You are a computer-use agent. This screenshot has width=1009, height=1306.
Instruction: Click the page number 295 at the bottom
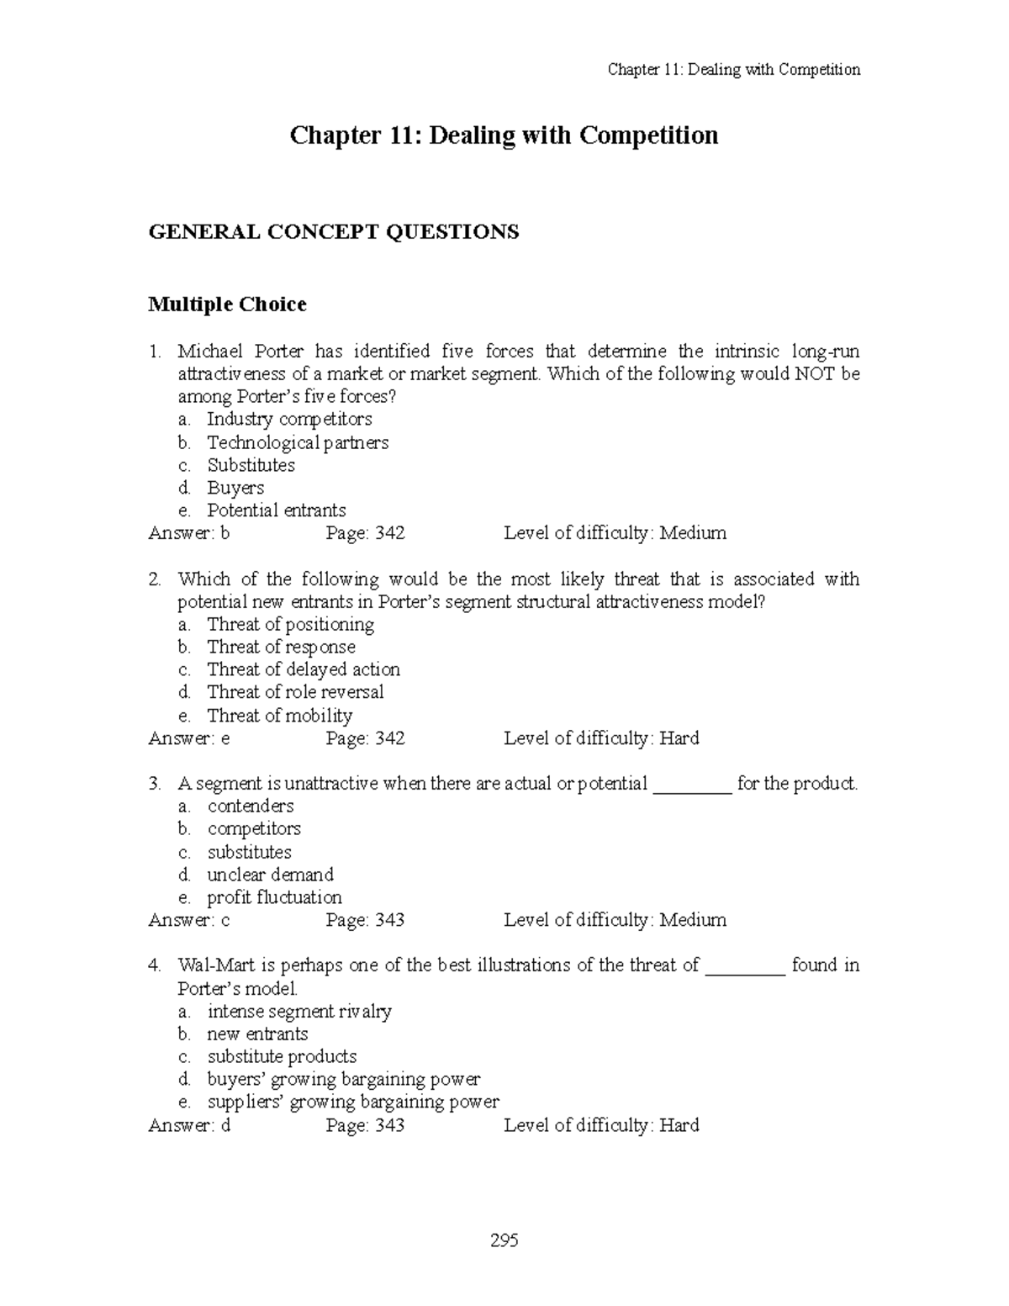505,1240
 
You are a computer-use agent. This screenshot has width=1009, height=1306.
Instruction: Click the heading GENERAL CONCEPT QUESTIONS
334,231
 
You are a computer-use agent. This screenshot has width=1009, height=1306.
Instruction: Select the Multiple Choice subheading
227,304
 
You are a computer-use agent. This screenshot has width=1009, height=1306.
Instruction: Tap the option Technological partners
298,442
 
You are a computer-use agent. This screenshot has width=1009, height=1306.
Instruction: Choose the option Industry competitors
289,419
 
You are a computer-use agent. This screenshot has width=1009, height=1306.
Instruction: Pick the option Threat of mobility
279,716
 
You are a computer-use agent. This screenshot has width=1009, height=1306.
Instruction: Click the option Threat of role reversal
295,692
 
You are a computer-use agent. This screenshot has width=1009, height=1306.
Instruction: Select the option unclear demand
270,875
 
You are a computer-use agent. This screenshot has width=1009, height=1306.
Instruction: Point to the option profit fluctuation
274,897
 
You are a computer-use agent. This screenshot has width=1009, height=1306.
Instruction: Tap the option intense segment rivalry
299,1011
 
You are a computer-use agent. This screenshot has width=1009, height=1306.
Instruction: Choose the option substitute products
282,1056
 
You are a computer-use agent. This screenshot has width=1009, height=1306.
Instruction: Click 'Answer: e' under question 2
189,738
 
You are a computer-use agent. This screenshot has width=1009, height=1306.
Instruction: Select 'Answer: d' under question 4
189,1125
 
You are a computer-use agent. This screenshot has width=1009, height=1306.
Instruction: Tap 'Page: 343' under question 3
365,920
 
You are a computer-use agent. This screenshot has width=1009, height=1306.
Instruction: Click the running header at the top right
733,70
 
